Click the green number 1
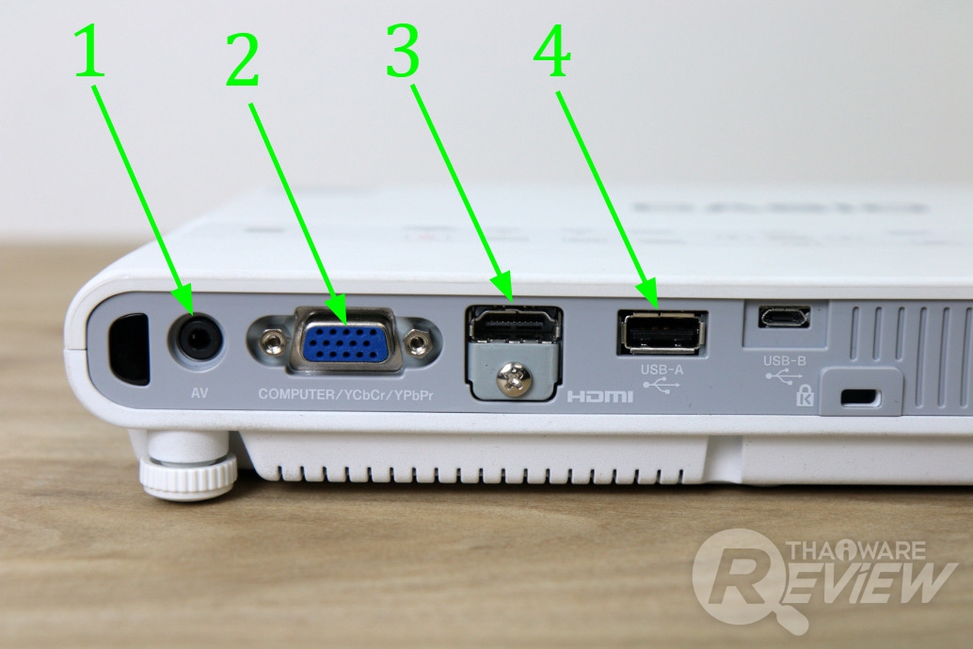[89, 52]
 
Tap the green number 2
[242, 59]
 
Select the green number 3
[403, 51]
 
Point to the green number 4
[551, 52]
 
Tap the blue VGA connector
[346, 340]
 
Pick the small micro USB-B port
[784, 316]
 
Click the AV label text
[199, 393]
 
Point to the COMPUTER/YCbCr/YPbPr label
[345, 395]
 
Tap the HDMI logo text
[600, 396]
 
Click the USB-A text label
[662, 370]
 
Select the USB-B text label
[785, 360]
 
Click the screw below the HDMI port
[514, 378]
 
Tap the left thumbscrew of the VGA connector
[271, 340]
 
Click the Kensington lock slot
[859, 396]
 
